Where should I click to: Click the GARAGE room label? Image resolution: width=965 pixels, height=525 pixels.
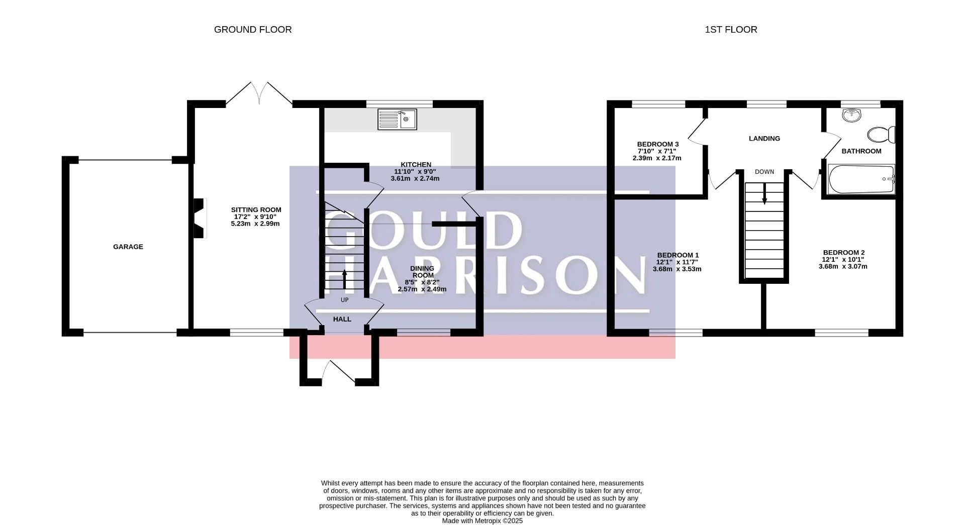tap(128, 247)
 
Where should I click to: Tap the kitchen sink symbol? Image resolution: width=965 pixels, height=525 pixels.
tap(397, 120)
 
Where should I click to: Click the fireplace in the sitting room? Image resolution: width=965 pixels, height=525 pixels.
tap(200, 219)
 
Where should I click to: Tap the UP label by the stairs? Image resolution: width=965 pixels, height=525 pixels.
tap(344, 300)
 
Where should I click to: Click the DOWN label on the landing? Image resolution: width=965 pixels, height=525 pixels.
tap(764, 172)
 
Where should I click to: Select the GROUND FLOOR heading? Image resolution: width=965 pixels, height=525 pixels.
tap(253, 30)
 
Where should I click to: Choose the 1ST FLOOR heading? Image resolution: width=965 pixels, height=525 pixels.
tap(731, 30)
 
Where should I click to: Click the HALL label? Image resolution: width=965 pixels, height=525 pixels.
tap(342, 319)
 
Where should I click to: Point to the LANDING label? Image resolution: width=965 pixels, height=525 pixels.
tap(764, 139)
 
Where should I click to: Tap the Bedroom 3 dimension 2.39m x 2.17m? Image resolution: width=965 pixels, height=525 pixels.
tap(657, 158)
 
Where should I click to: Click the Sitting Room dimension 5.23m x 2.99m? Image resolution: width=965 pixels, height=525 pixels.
tap(255, 224)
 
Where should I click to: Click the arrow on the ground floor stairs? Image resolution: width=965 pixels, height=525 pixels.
tap(344, 279)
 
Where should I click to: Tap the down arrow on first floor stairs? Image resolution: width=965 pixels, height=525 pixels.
tap(764, 193)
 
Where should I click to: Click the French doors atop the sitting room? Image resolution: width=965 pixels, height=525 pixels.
tap(259, 94)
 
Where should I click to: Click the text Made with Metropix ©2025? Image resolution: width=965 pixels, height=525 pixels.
tap(482, 521)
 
